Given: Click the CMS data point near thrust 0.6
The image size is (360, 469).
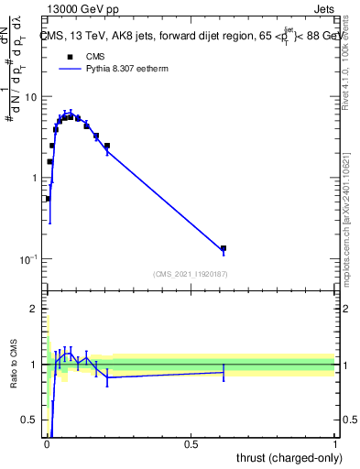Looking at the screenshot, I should (224, 248).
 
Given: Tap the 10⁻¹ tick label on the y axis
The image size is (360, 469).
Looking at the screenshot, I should (28, 259).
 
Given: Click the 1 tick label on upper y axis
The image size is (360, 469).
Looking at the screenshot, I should (34, 178).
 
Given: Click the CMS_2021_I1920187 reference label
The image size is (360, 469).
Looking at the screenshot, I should (191, 274).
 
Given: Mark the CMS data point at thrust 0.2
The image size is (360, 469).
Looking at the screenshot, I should (107, 146).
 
